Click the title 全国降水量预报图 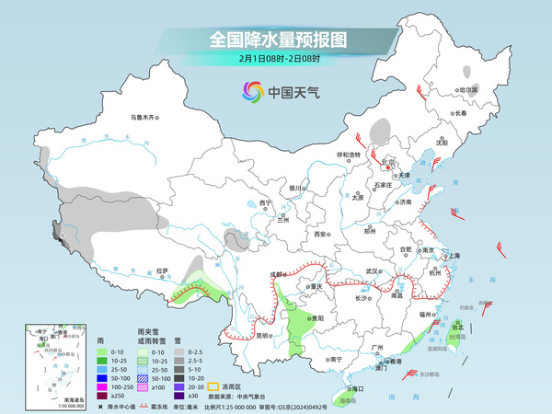278,40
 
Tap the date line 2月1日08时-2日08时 278,59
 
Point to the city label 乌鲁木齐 144,118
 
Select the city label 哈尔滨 468,90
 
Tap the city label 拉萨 162,270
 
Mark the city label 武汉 372,270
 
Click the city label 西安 321,235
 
